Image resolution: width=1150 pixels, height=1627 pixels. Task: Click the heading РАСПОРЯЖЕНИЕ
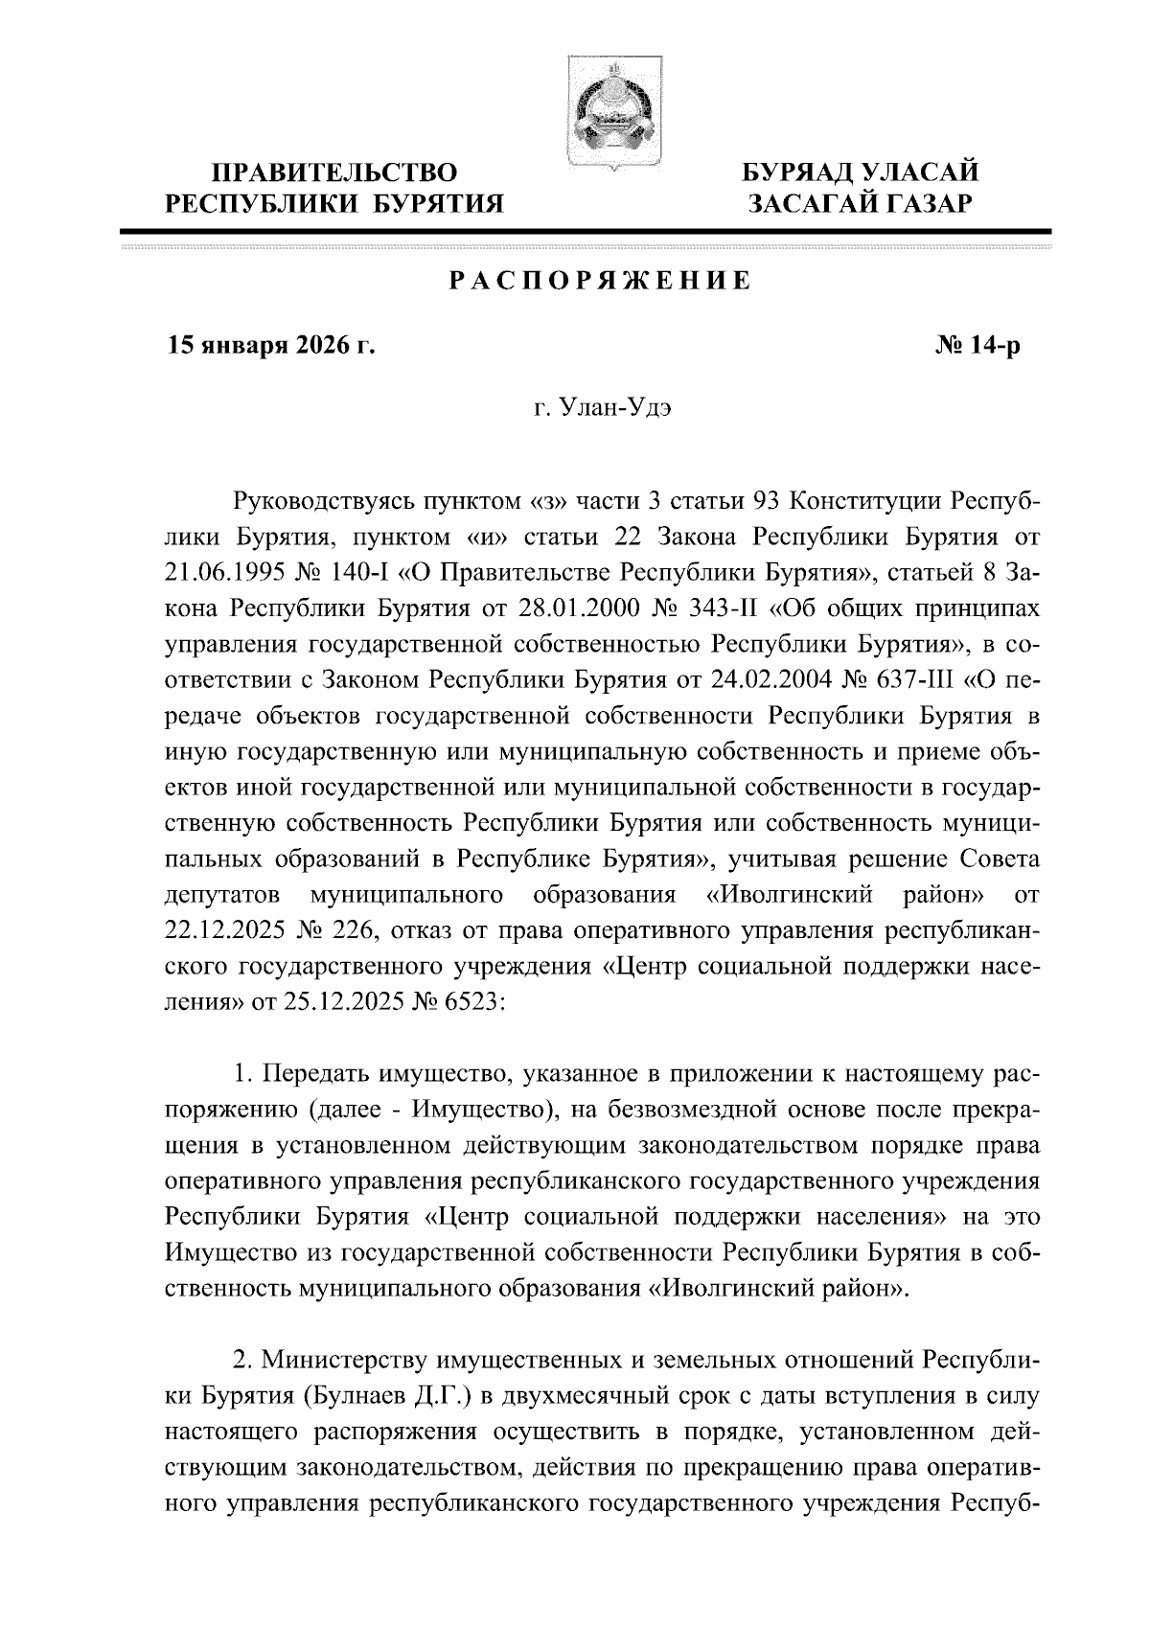(600, 281)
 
